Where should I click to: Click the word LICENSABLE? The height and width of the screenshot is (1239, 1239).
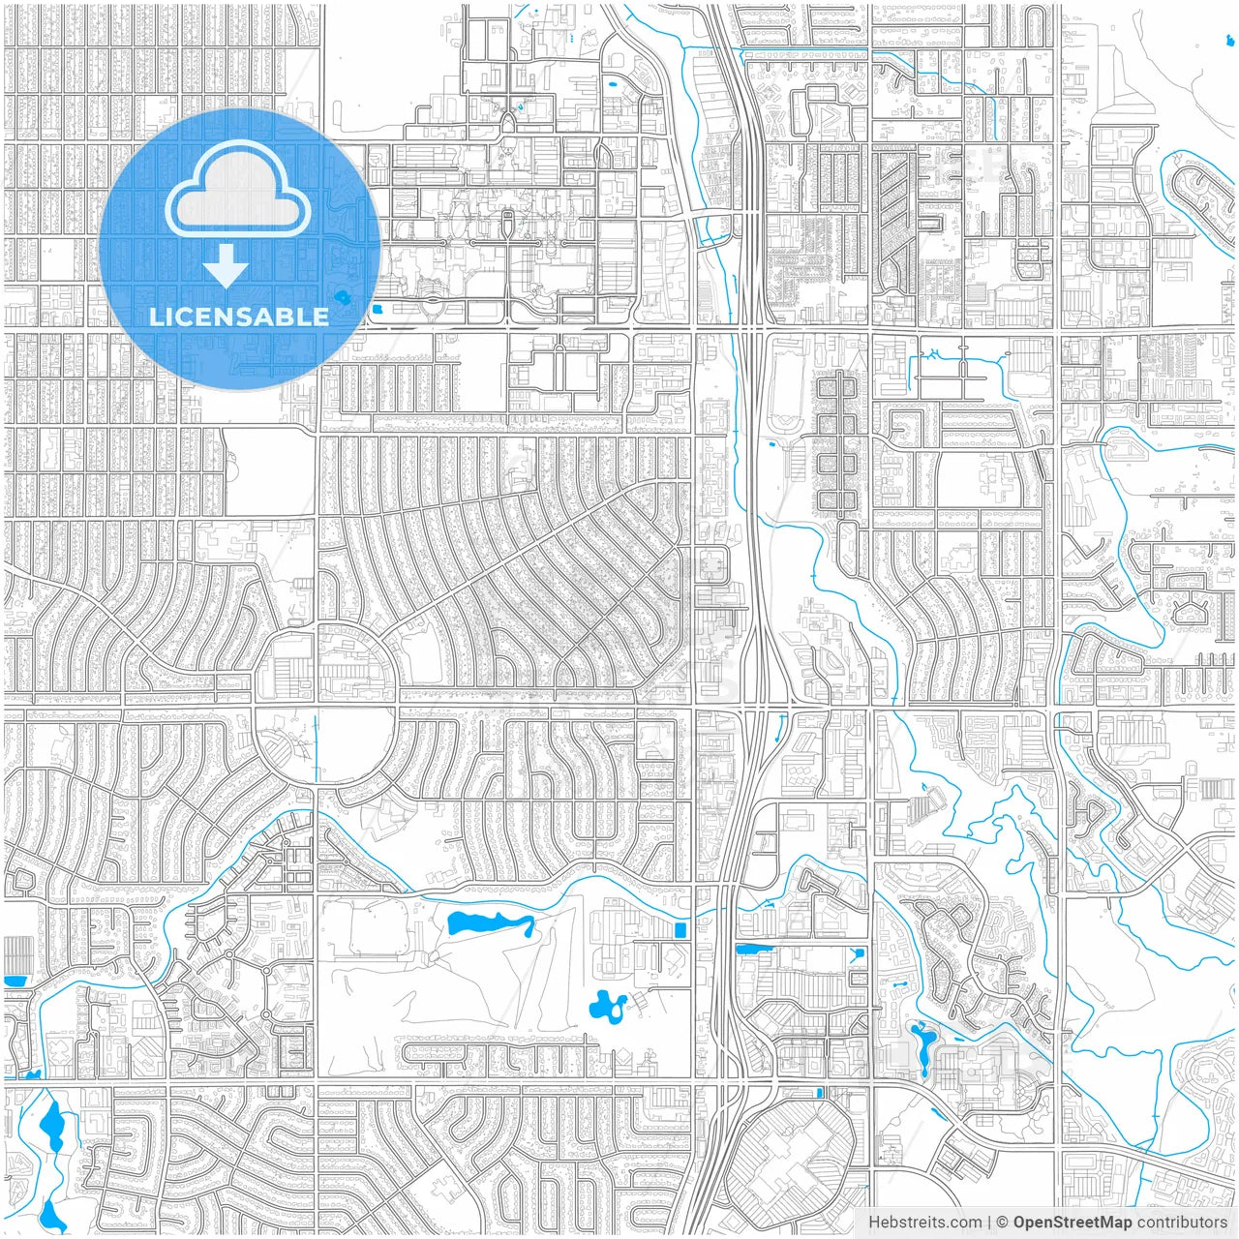238,317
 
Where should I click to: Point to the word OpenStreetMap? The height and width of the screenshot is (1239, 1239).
1072,1223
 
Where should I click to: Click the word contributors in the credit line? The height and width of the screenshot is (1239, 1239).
1181,1223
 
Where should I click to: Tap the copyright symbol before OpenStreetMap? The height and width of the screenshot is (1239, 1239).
1003,1223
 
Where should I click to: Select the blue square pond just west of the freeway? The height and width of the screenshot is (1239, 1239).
679,930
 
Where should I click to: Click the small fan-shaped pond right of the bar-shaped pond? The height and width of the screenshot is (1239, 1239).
857,954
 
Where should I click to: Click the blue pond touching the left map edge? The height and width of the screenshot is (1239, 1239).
14,981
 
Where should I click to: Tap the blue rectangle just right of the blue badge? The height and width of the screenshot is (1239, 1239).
377,310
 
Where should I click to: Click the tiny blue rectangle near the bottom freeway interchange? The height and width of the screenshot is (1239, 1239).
820,1092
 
